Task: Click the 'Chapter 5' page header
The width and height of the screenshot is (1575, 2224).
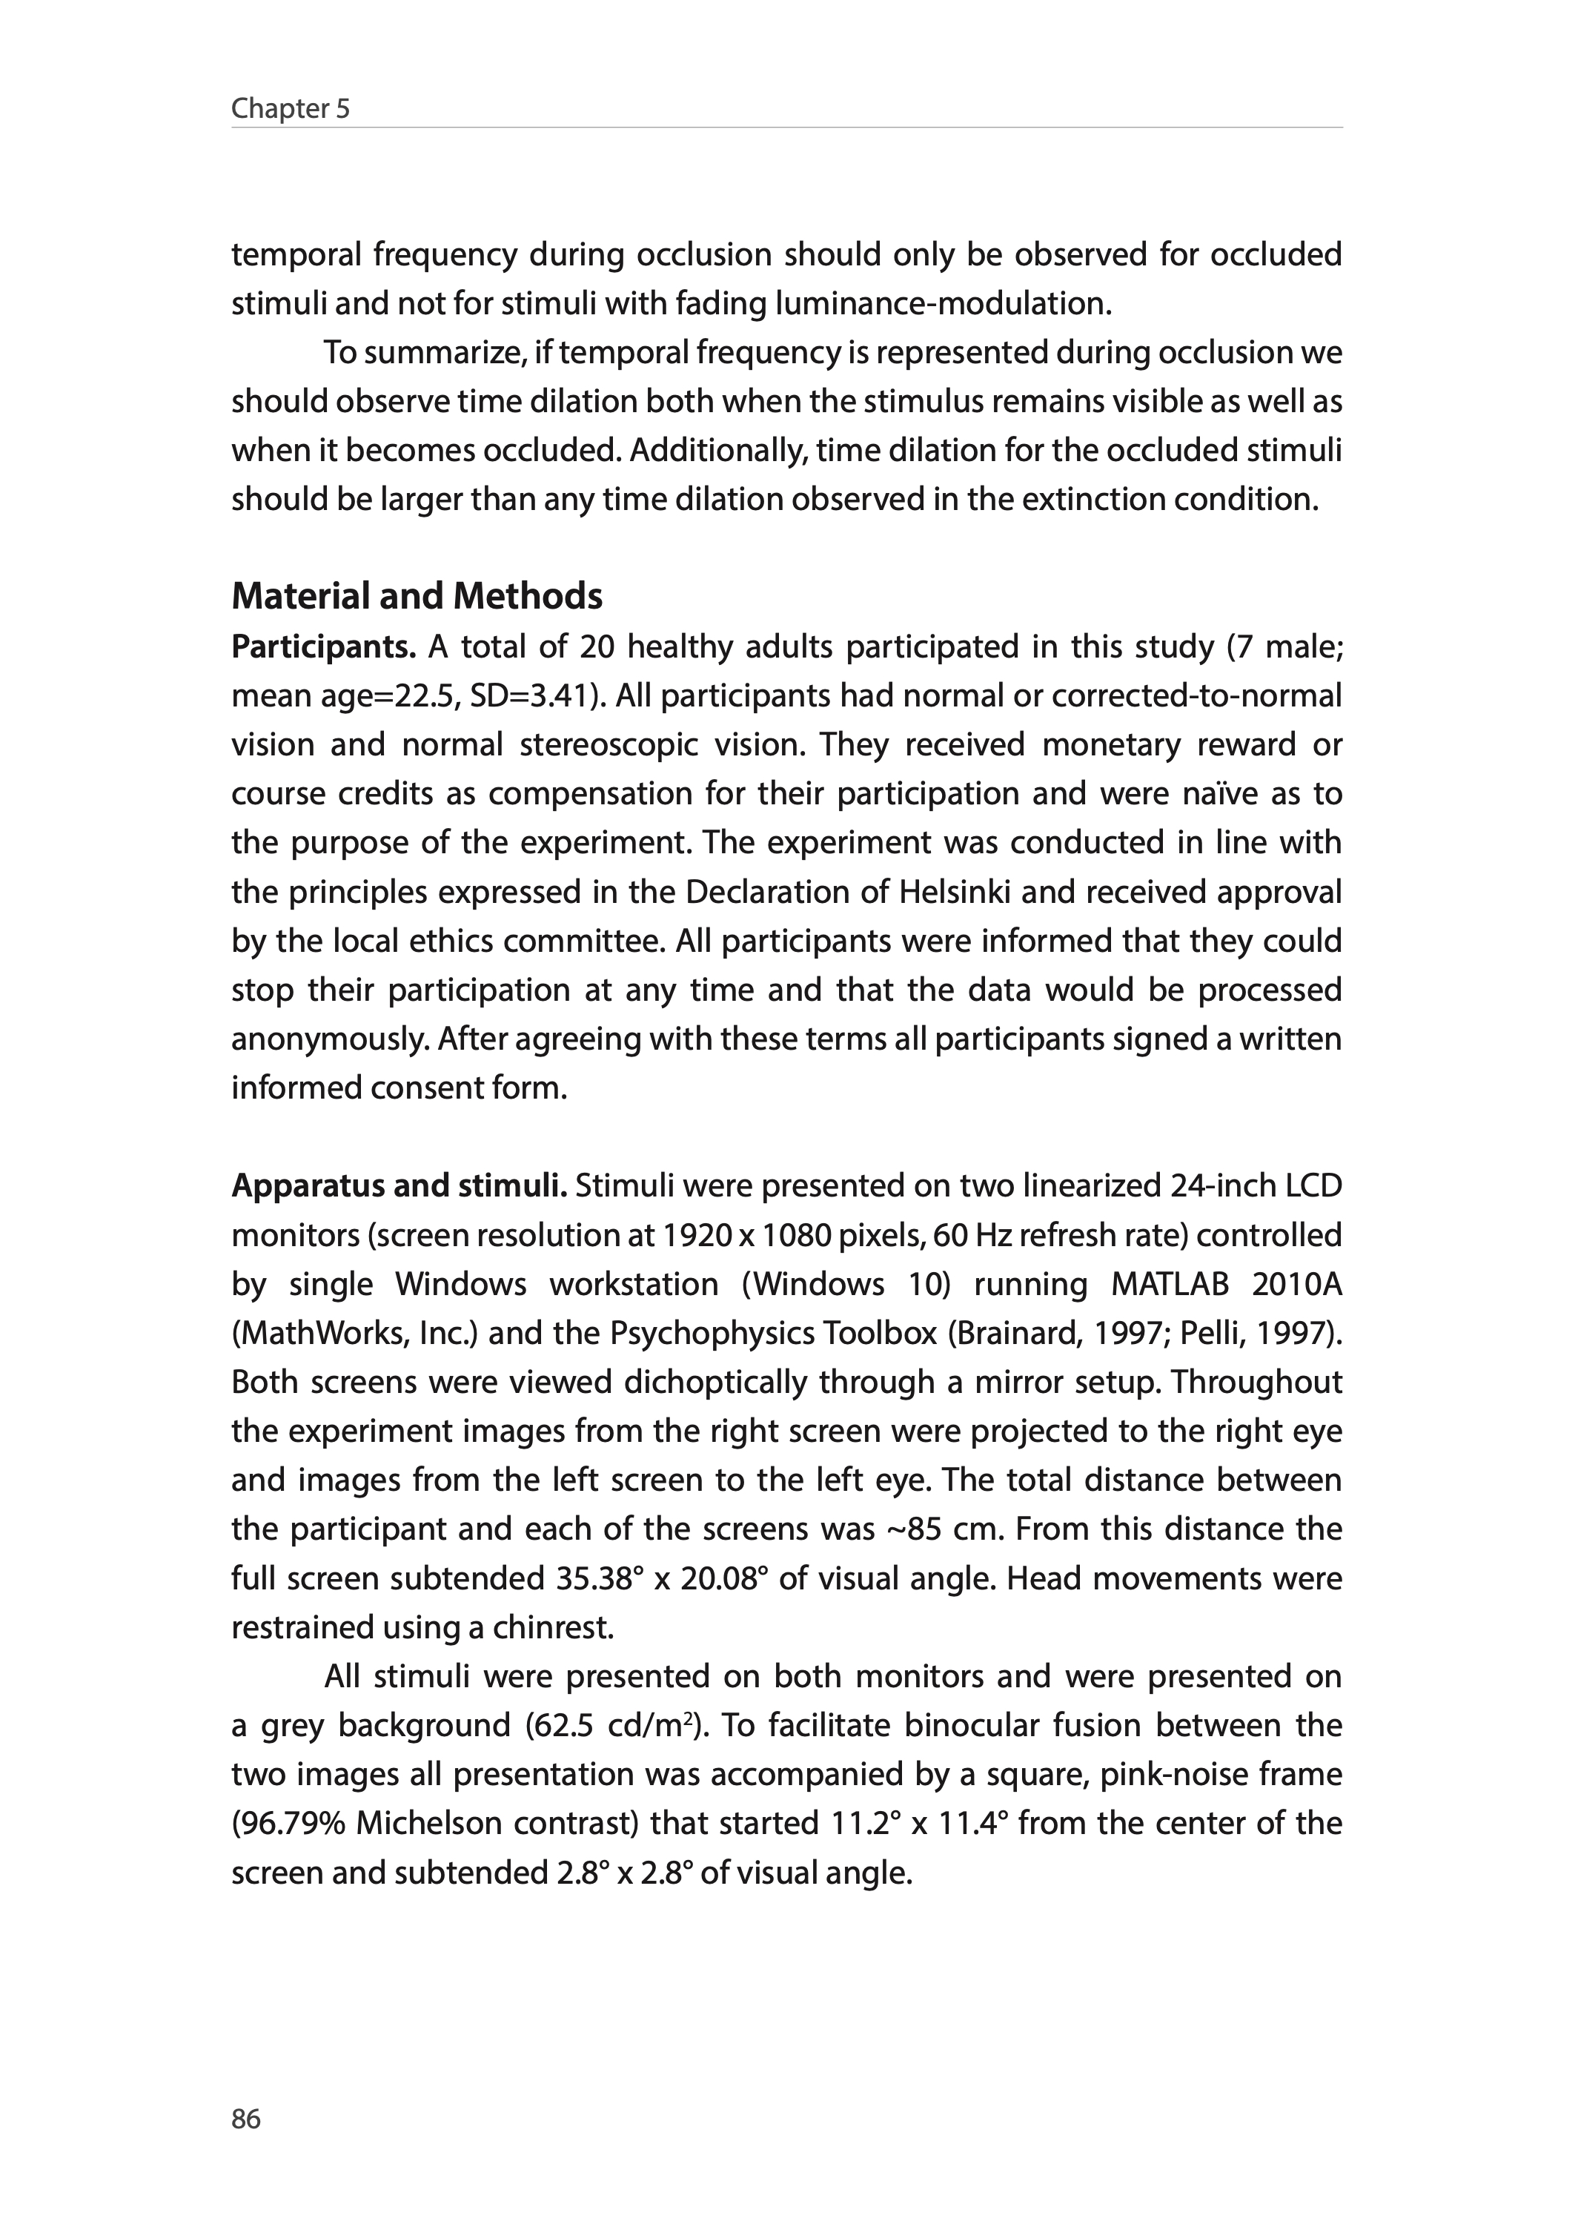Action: click(x=290, y=109)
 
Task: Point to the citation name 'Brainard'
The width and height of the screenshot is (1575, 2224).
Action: click(x=1012, y=1333)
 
